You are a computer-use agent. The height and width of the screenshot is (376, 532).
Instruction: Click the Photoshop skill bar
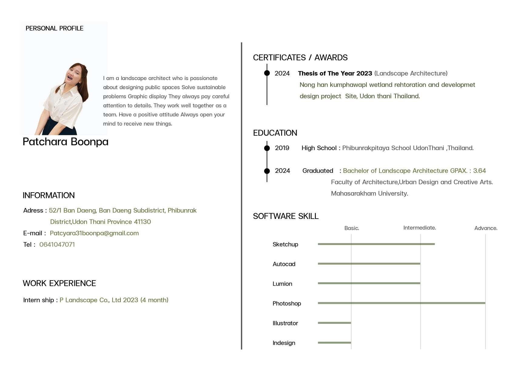[401, 303]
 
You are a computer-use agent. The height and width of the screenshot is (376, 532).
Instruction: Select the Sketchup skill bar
[376, 244]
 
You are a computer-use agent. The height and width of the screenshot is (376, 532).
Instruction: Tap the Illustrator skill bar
[334, 323]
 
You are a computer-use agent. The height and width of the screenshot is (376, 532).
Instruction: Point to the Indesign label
[284, 343]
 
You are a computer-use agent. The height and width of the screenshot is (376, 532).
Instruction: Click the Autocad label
[284, 264]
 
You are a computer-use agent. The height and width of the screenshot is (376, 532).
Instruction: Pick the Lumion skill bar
[369, 283]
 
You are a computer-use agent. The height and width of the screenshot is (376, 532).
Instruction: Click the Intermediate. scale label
[419, 227]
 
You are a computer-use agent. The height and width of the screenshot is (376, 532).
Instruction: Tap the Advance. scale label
[486, 228]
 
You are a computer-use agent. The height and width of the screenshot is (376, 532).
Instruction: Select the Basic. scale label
[352, 228]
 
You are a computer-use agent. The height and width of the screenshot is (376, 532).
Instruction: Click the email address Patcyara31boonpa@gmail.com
[94, 233]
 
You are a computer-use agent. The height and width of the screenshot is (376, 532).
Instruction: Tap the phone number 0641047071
[57, 244]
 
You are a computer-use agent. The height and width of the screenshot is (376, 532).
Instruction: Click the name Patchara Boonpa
[66, 142]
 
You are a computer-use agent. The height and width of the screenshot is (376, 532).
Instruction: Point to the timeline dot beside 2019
[267, 148]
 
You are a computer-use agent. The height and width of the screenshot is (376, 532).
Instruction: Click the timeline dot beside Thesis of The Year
[267, 73]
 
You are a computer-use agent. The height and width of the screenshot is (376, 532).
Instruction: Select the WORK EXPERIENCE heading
[59, 283]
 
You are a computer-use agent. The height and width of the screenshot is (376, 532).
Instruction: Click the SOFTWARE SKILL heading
[286, 216]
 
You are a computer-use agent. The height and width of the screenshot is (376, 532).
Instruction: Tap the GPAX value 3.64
[479, 171]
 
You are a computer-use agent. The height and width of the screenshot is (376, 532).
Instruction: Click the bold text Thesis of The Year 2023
[335, 73]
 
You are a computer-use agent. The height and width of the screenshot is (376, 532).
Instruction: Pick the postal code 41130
[142, 222]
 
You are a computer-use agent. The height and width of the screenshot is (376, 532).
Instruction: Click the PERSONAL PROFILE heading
[54, 28]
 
